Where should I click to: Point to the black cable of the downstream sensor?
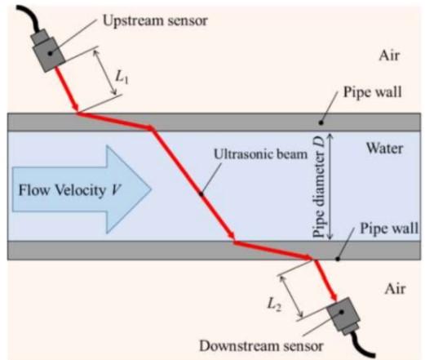coord(365,343)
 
